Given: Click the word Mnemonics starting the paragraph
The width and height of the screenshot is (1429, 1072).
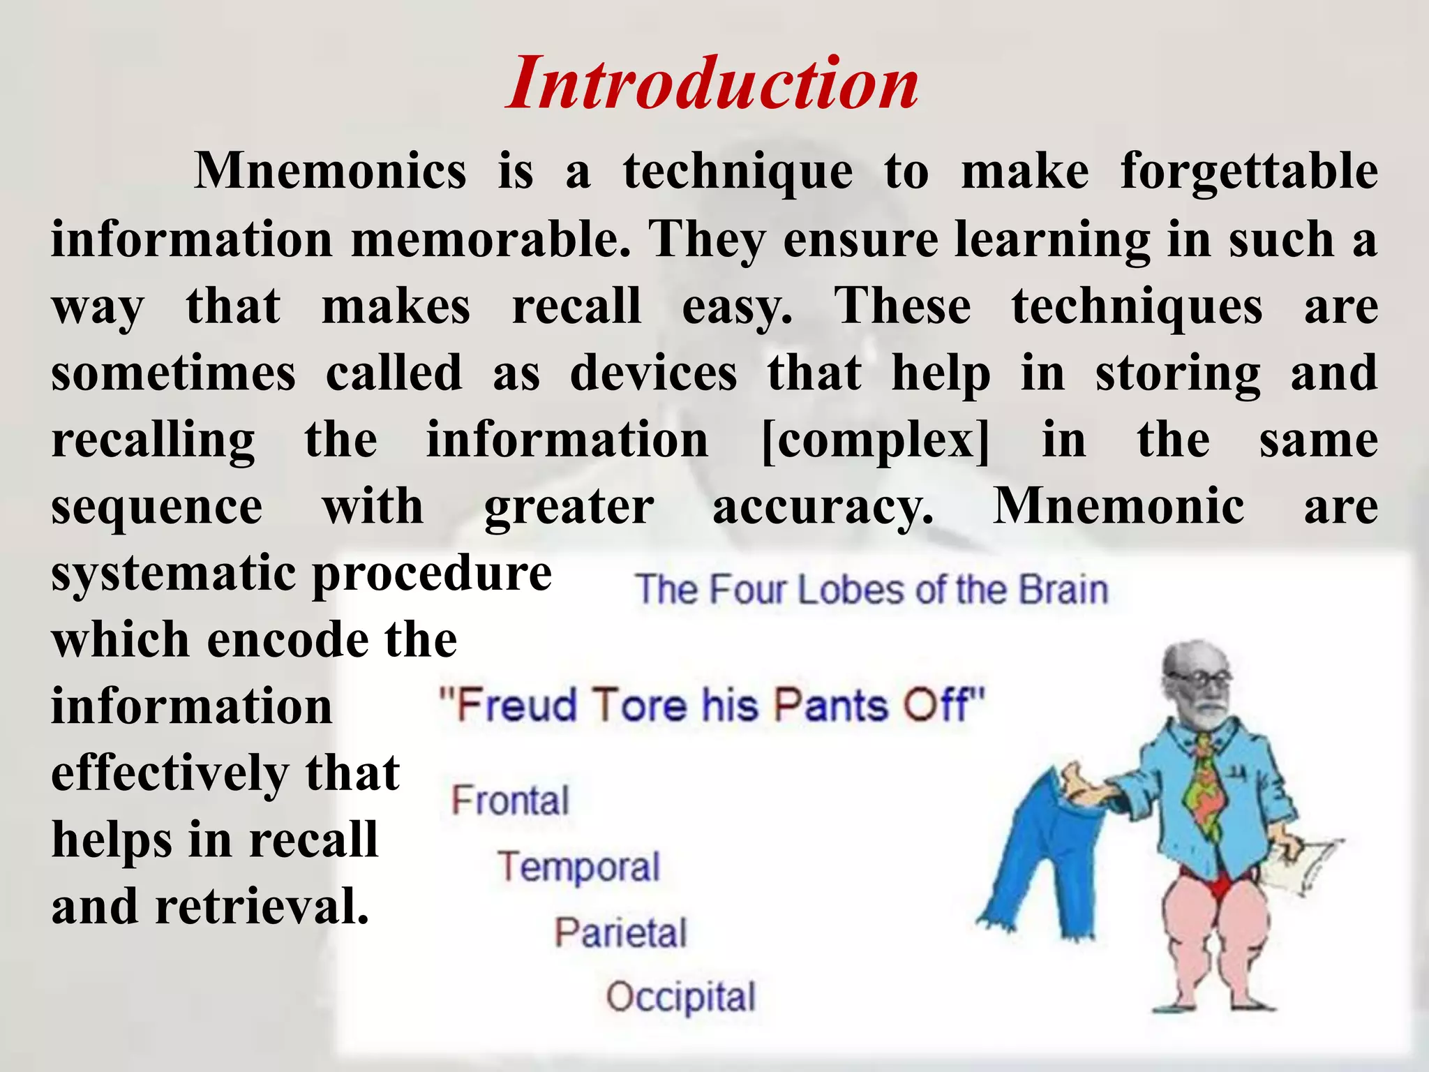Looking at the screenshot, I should tap(330, 171).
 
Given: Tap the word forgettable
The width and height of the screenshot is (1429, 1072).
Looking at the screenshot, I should tap(1248, 171).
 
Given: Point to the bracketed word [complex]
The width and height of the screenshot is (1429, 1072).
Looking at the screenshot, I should tap(875, 440).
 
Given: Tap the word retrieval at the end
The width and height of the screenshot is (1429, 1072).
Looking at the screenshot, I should tap(262, 907).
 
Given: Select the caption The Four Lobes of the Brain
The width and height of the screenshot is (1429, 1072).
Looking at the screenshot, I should tap(871, 590).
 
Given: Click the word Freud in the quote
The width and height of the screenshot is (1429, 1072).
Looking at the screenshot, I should tap(516, 705).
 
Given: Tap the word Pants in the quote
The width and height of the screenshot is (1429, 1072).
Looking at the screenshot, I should tap(830, 705).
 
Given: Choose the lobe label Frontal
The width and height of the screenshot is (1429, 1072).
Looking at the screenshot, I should tap(510, 800).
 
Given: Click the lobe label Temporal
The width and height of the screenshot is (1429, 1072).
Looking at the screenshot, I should tap(578, 867).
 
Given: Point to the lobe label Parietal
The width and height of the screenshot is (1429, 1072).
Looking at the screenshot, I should tap(620, 932).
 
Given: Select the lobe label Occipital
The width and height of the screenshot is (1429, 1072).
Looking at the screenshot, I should tap(680, 997).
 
